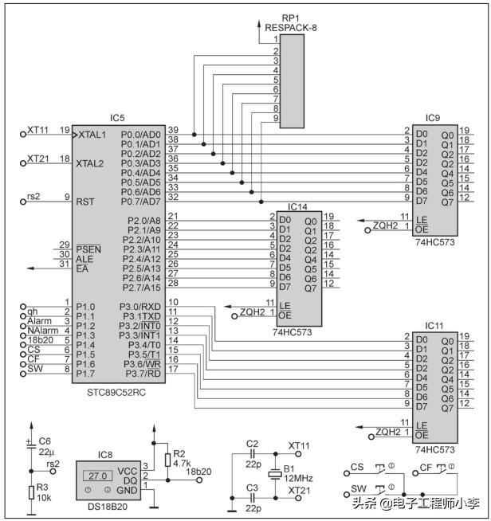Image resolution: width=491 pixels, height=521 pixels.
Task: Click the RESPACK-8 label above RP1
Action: tap(291, 28)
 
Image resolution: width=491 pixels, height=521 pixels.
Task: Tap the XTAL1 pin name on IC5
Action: tap(92, 135)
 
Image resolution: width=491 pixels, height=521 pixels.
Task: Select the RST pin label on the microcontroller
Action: tap(85, 202)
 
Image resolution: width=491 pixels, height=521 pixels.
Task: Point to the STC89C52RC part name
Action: tap(116, 393)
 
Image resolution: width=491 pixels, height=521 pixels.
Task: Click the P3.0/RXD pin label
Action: tap(140, 307)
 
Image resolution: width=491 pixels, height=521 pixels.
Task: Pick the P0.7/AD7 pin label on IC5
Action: tap(140, 202)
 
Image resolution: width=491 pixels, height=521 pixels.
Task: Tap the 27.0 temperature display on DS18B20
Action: tap(98, 476)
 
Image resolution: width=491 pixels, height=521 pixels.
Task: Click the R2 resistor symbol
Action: tap(168, 460)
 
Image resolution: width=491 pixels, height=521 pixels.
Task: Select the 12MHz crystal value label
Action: tap(298, 479)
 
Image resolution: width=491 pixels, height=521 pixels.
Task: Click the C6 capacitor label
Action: tap(45, 441)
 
